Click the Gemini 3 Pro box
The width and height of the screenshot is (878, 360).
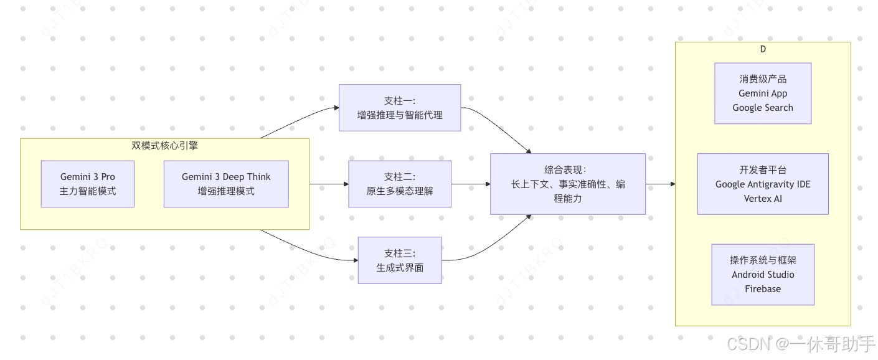tap(88, 184)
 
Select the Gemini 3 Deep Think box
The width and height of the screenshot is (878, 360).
tap(226, 184)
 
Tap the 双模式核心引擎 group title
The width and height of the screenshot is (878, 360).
tap(164, 146)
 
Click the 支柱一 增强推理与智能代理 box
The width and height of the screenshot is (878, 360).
tap(400, 108)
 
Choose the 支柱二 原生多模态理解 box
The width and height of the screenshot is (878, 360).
tap(400, 184)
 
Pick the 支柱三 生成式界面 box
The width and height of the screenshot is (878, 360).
tap(400, 260)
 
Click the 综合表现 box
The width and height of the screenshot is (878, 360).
tap(568, 184)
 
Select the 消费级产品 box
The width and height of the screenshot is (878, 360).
tap(763, 93)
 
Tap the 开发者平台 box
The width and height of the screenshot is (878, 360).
tap(763, 184)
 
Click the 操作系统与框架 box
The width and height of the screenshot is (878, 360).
tap(763, 274)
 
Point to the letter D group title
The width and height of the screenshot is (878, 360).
tap(763, 49)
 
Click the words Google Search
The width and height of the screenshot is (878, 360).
tap(763, 108)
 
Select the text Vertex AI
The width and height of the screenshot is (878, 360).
tap(763, 199)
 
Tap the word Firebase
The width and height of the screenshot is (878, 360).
tap(763, 289)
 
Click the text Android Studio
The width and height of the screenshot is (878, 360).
tap(763, 275)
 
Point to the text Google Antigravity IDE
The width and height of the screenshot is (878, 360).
tap(763, 184)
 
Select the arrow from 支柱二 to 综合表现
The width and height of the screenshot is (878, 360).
tap(471, 184)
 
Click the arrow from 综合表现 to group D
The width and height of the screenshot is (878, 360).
tap(660, 184)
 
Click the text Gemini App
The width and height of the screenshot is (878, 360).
tap(763, 93)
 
